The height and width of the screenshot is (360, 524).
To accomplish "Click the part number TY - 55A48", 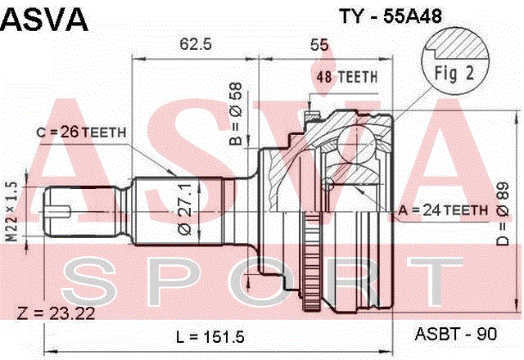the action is [391, 16].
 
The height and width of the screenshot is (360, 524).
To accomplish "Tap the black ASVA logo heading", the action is [44, 19].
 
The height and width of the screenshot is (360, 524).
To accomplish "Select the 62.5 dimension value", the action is [196, 43].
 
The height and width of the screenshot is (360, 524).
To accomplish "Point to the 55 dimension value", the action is [319, 44].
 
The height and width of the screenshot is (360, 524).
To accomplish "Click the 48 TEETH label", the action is [347, 77].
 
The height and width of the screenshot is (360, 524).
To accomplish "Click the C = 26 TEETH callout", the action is [81, 133].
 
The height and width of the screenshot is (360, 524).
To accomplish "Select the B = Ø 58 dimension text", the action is [236, 114].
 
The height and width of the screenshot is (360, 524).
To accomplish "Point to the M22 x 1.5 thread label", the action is [11, 211].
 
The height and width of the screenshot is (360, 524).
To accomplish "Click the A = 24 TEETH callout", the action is [443, 210].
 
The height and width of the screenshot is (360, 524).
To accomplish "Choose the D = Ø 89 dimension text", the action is [502, 214].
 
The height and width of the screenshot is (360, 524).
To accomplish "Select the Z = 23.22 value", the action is [56, 313].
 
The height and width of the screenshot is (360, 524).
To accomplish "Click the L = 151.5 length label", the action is [210, 336].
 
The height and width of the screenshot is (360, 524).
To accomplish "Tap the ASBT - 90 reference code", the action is [456, 334].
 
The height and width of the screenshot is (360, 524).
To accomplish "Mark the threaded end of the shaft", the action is [83, 211].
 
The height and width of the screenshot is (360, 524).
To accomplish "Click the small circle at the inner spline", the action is [328, 183].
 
